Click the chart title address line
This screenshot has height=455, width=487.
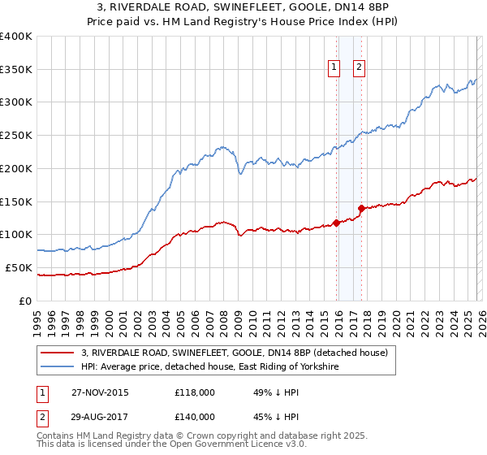click(243, 8)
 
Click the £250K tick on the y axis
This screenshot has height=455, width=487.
click(16, 136)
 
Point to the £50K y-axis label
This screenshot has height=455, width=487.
click(18, 267)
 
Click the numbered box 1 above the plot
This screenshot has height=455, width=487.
click(334, 68)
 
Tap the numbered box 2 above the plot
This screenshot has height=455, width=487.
click(359, 68)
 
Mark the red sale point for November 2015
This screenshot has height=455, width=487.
click(336, 223)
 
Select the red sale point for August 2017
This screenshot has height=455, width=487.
click(361, 208)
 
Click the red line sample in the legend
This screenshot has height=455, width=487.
click(59, 353)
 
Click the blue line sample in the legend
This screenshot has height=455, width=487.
click(59, 367)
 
